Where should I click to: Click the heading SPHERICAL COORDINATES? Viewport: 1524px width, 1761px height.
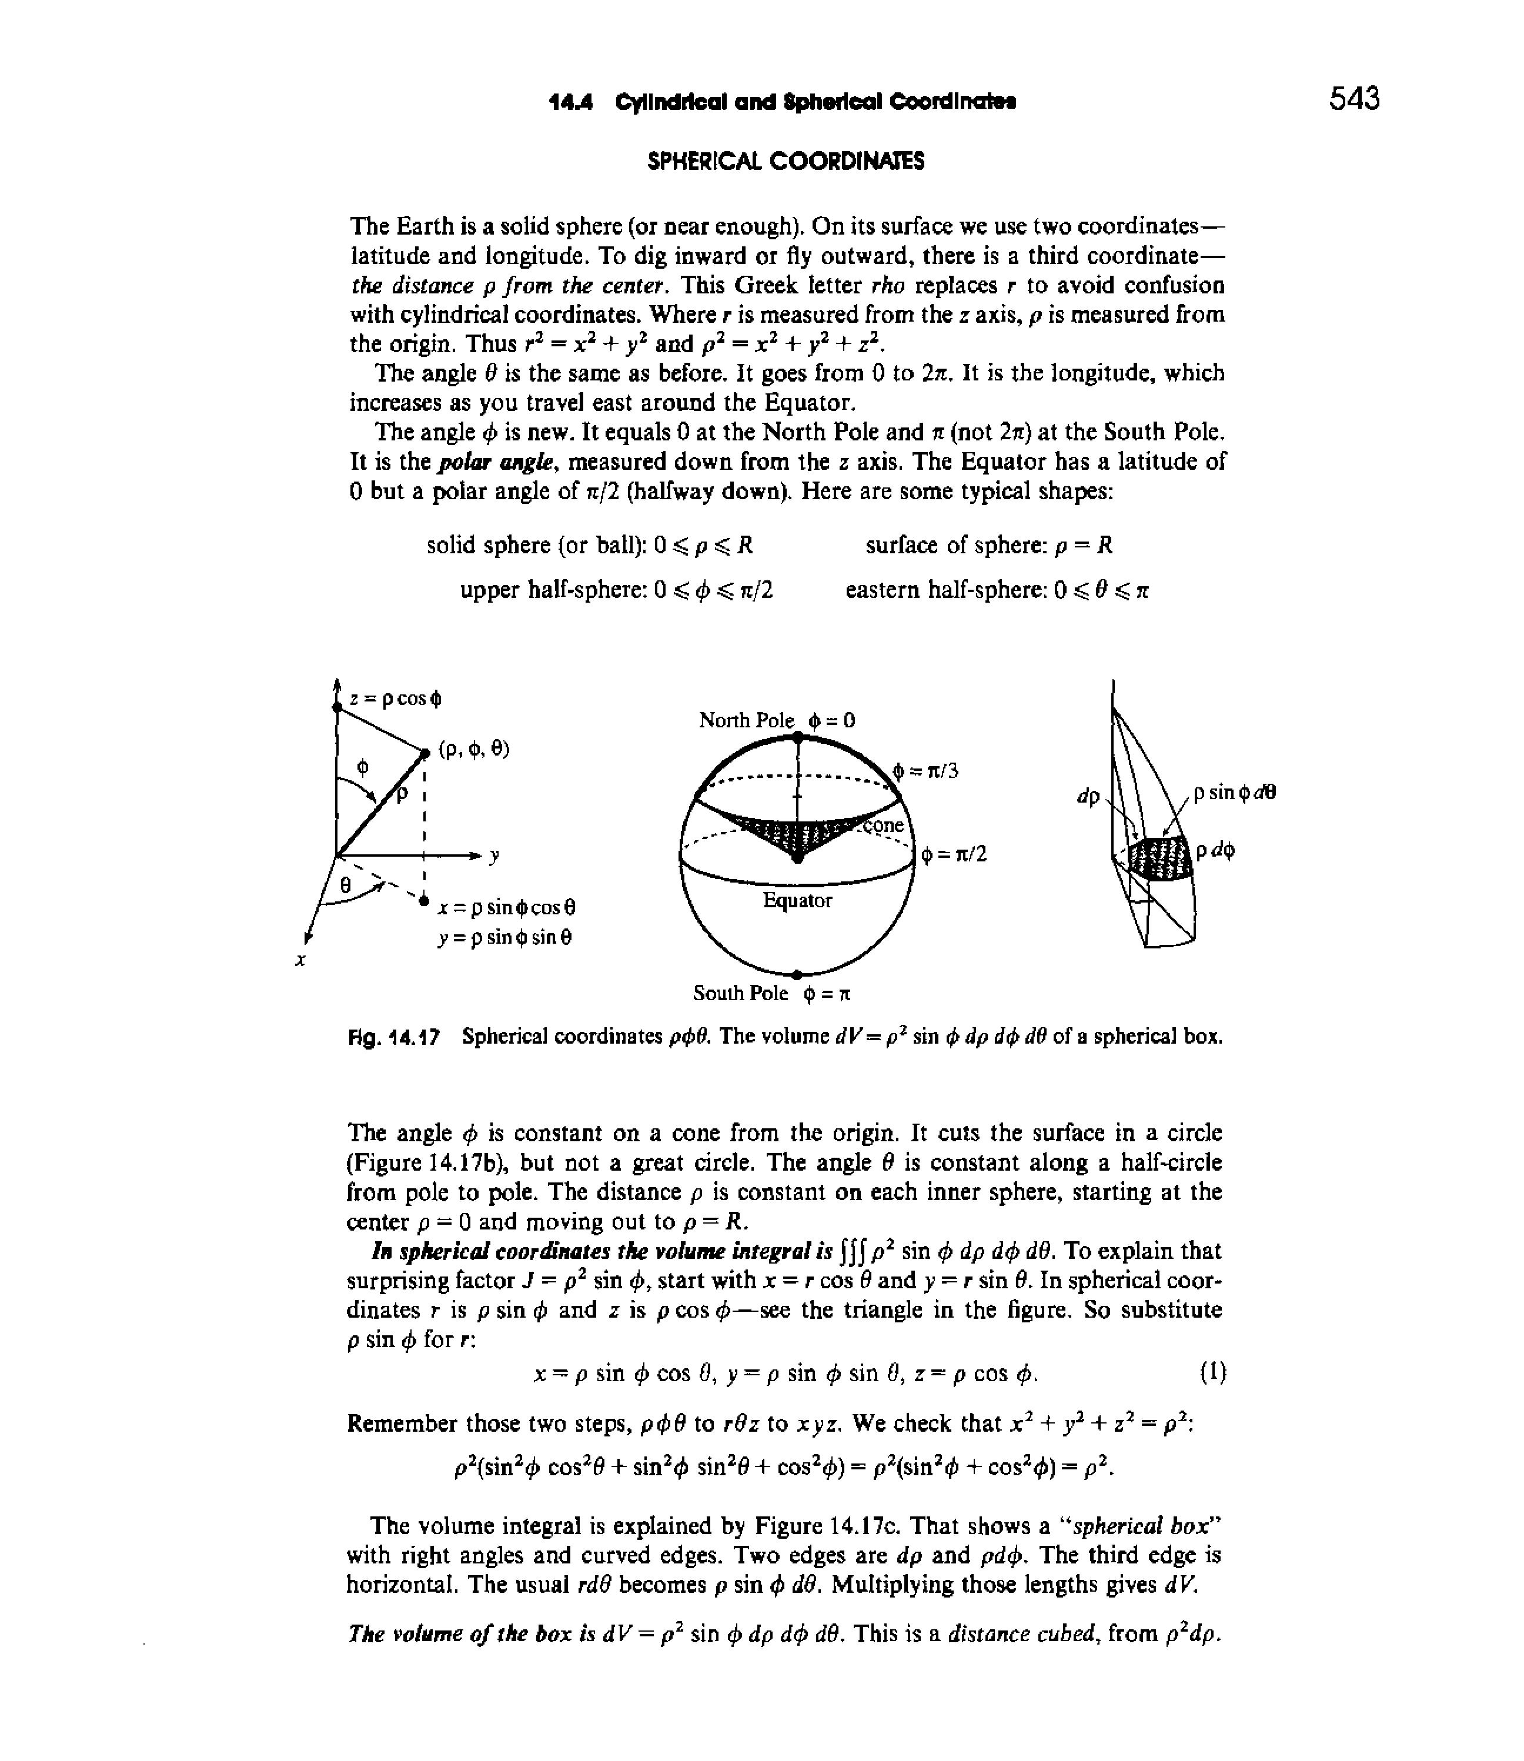pyautogui.click(x=786, y=162)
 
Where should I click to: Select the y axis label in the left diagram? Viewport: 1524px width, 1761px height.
pyautogui.click(x=493, y=856)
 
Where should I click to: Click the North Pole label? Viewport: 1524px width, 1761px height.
pyautogui.click(x=746, y=720)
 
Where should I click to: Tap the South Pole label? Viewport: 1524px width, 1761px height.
pyautogui.click(x=740, y=993)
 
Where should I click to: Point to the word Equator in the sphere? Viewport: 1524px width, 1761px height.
pyautogui.click(x=797, y=900)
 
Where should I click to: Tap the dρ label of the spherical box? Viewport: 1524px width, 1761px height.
pyautogui.click(x=1088, y=797)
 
